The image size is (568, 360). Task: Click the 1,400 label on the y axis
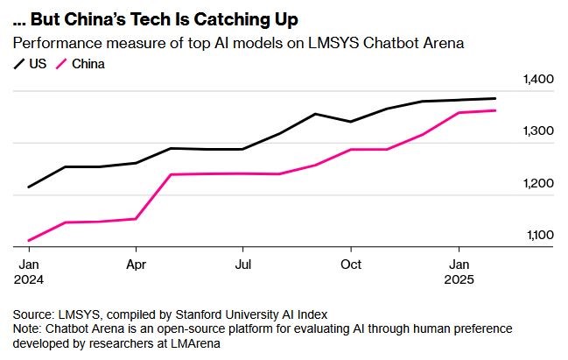coord(539,80)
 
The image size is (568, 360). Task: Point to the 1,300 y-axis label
coord(539,131)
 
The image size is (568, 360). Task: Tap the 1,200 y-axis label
coord(539,183)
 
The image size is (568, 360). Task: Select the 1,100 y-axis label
coord(539,235)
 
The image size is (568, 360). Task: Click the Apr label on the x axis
coord(136,263)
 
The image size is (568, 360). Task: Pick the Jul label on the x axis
coord(243,263)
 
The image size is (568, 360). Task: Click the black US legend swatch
coord(18,64)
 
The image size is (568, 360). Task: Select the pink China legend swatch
coord(62,64)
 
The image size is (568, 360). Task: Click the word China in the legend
coord(88,64)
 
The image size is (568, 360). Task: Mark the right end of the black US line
coord(496,98)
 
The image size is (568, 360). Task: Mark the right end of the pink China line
coord(496,110)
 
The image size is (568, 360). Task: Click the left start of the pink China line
coord(29,240)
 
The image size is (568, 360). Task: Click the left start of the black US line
coord(29,187)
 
